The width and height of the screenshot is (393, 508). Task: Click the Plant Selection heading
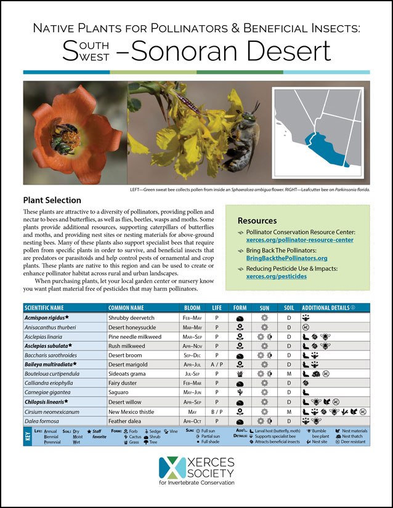point(52,200)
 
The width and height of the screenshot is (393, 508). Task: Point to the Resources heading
point(257,221)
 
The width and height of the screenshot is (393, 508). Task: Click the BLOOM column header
point(192,308)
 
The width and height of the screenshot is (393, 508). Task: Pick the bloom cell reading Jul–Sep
point(192,373)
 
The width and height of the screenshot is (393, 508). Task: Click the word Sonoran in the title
point(203,52)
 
